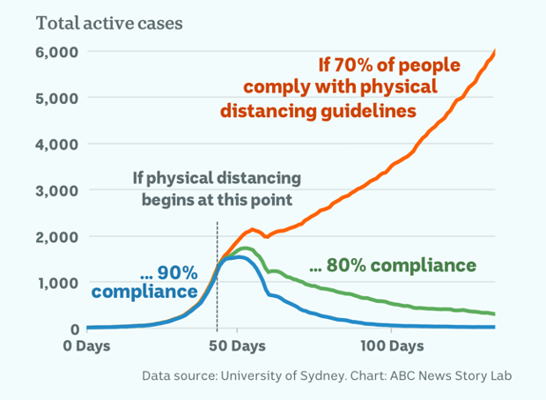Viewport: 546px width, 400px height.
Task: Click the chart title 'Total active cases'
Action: (x=109, y=24)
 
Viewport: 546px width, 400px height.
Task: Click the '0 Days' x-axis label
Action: (x=87, y=345)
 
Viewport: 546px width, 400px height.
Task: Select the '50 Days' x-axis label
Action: (x=236, y=345)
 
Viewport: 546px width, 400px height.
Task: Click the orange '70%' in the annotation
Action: (x=347, y=65)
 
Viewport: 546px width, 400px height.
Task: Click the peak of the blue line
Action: (x=237, y=256)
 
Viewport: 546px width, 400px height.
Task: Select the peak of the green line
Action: (x=245, y=248)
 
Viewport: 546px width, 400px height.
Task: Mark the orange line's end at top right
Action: (x=495, y=51)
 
